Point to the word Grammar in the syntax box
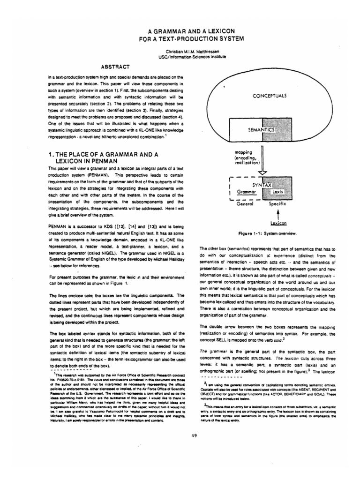[x=248, y=192]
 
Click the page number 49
[x=180, y=436]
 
